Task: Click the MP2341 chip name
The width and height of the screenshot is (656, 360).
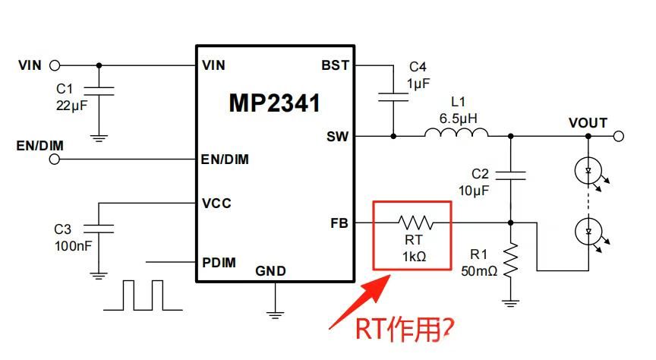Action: point(274,103)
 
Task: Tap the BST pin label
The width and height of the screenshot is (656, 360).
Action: point(335,65)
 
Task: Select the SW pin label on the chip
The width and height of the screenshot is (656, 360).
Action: point(337,137)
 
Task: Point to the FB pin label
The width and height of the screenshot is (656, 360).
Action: point(339,223)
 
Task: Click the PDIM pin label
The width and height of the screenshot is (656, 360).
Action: point(219,263)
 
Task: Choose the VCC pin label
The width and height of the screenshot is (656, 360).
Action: point(217,204)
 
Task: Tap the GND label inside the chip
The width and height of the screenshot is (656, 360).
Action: point(270,271)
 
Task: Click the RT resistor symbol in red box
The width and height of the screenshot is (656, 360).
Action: point(414,223)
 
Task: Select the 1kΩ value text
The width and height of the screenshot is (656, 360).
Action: point(414,257)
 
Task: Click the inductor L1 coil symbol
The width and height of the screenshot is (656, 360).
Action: point(456,136)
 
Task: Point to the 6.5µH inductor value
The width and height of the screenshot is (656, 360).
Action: point(456,118)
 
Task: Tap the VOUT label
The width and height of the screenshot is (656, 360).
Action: point(588,123)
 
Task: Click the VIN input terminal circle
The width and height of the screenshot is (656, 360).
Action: point(54,65)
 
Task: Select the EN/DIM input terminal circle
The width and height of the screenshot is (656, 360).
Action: point(54,159)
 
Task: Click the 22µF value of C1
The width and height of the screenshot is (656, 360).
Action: point(72,104)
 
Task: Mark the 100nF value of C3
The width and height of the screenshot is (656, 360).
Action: point(72,245)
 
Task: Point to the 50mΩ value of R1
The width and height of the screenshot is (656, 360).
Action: point(478,270)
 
